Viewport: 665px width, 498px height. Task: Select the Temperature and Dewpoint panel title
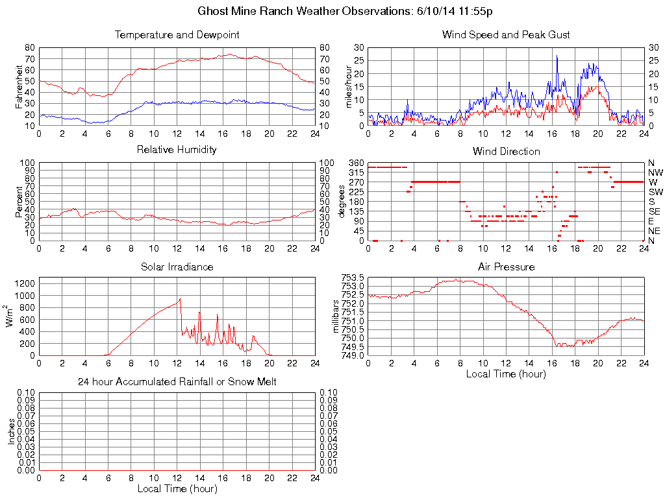(177, 34)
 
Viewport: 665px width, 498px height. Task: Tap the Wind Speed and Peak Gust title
(506, 34)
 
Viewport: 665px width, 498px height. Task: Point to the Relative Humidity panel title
(177, 150)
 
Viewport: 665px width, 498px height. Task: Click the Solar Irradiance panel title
(177, 267)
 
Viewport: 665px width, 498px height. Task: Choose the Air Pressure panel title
(506, 267)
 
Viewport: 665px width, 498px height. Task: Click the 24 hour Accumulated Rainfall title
(177, 382)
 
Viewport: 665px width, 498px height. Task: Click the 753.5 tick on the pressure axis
(354, 278)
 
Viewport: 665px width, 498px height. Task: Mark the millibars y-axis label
(336, 316)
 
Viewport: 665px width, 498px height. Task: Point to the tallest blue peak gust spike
(557, 56)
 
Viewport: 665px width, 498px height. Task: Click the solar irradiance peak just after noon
(179, 299)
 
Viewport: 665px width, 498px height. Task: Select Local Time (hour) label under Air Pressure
(506, 373)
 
